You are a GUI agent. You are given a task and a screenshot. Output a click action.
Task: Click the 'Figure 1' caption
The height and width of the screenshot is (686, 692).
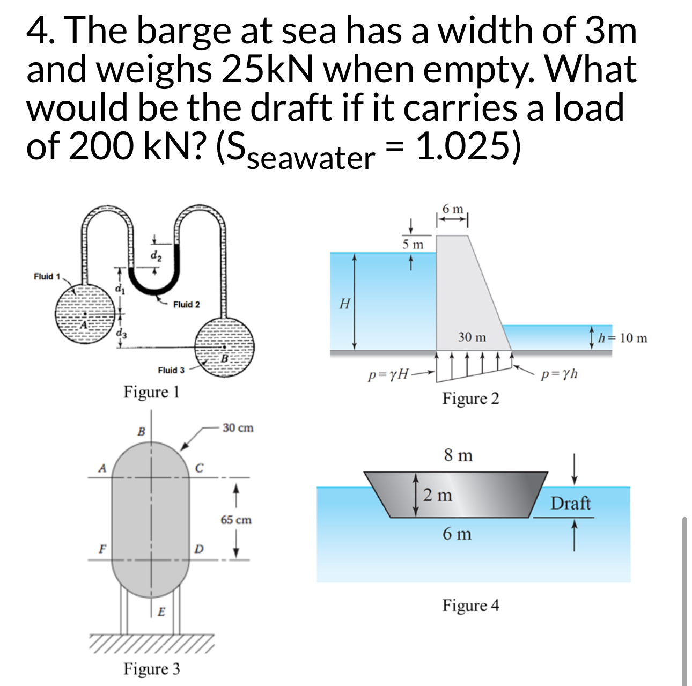(x=151, y=392)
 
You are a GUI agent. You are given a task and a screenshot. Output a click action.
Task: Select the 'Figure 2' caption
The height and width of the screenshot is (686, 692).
(x=470, y=399)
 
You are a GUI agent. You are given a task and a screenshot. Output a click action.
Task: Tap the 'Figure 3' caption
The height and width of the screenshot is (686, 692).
(x=152, y=669)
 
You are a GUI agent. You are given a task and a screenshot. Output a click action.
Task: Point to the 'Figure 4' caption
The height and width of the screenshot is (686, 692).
(x=470, y=606)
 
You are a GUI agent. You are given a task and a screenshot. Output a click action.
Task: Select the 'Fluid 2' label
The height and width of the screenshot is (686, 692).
(x=186, y=305)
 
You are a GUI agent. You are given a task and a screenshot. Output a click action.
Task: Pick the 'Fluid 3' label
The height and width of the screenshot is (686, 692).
(x=171, y=370)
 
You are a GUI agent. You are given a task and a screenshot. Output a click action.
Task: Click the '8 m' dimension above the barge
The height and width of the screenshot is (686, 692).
(x=458, y=456)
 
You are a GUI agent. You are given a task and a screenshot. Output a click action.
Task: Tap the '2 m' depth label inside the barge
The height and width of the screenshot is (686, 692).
(x=437, y=495)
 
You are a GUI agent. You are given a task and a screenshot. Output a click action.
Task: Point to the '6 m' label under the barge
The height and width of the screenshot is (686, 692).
(x=457, y=534)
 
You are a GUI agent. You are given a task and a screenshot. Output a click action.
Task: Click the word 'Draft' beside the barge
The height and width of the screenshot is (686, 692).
(x=570, y=504)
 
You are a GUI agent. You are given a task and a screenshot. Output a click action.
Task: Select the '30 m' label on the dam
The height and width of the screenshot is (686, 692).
(x=472, y=337)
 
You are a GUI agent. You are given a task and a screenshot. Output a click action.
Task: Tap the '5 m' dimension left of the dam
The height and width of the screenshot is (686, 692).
(x=413, y=245)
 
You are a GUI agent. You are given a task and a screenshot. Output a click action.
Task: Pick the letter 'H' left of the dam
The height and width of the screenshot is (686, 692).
(x=345, y=304)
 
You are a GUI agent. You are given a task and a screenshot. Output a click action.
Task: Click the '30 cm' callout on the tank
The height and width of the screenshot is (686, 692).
(x=238, y=428)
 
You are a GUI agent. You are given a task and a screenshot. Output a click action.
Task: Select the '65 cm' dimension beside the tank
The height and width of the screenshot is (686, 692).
(x=236, y=520)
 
